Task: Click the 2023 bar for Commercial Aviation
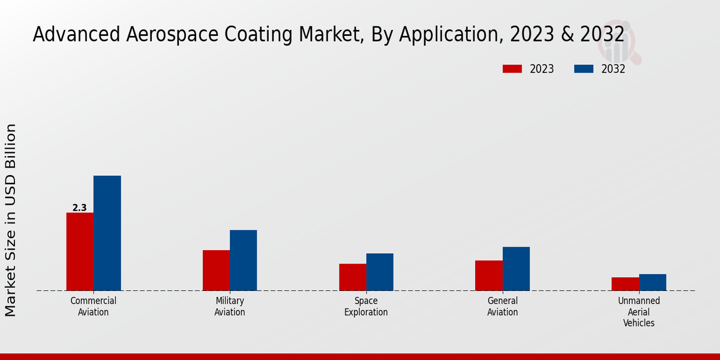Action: (x=80, y=251)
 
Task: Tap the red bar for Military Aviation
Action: (x=216, y=270)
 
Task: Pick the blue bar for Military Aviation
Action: (x=243, y=260)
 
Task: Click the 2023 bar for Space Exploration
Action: (x=352, y=277)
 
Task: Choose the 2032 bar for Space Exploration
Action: (x=380, y=272)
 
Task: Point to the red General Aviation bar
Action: (x=488, y=275)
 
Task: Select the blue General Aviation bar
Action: (x=516, y=268)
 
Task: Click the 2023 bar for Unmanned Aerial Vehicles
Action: (x=625, y=284)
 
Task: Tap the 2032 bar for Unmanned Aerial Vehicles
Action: (x=652, y=282)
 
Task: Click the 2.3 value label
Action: (x=79, y=208)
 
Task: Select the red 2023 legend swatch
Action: (x=512, y=69)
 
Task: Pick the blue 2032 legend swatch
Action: (x=583, y=69)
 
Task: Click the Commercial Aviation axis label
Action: (x=94, y=306)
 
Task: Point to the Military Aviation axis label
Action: (x=230, y=306)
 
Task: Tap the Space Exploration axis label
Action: (x=366, y=306)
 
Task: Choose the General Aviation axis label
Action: (x=502, y=306)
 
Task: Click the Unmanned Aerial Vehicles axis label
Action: (x=639, y=311)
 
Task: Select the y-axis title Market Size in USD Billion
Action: (x=11, y=220)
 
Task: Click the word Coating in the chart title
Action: (x=262, y=34)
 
